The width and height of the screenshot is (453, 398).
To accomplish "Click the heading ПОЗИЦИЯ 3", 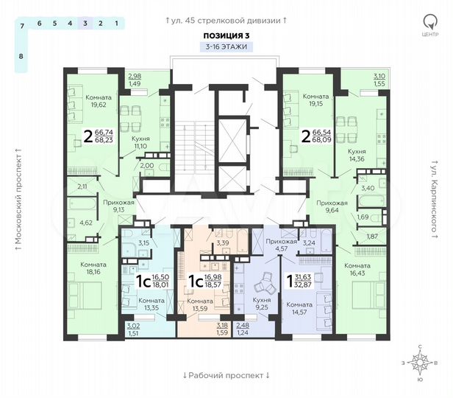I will tap(226, 35).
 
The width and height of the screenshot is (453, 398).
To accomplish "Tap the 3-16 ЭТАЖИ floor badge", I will tap(226, 46).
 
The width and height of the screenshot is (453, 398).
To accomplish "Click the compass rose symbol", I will tap(420, 363).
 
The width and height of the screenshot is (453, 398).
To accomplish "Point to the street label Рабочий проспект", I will tap(226, 375).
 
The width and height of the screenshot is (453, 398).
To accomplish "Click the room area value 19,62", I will tap(96, 105).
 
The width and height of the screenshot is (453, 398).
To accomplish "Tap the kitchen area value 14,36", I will tap(357, 158).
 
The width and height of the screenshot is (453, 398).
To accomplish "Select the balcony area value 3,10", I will tap(358, 76).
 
